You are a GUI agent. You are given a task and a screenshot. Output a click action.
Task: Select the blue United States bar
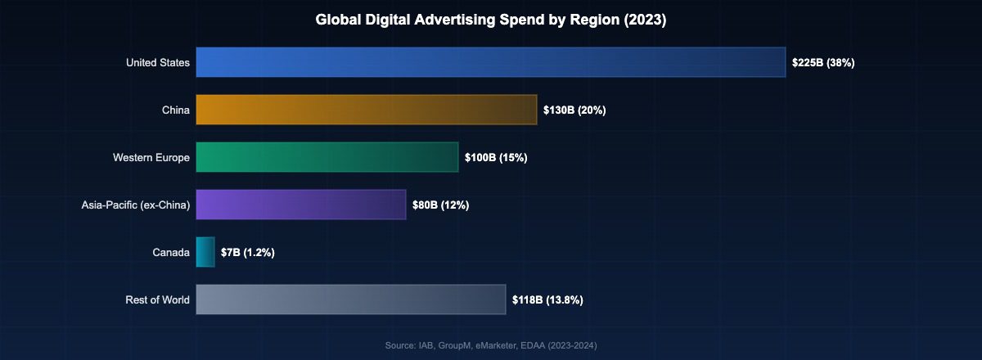[490, 62]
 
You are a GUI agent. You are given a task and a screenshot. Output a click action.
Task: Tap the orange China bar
[366, 110]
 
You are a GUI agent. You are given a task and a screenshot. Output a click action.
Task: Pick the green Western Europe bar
[327, 157]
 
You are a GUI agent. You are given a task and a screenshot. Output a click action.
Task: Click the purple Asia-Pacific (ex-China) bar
[300, 205]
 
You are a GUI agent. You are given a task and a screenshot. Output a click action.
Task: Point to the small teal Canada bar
[205, 252]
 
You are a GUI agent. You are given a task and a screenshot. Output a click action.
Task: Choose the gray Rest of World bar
[350, 299]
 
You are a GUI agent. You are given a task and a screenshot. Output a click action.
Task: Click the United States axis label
[158, 62]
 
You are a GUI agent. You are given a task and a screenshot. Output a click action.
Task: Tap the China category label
[176, 110]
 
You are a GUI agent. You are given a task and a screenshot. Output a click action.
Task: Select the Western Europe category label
[151, 157]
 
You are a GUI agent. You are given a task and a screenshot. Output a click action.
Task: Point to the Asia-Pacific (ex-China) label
[136, 205]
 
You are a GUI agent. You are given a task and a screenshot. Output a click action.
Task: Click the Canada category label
[171, 252]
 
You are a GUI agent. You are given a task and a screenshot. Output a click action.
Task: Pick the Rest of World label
[157, 299]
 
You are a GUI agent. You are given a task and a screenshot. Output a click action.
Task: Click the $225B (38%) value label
[823, 62]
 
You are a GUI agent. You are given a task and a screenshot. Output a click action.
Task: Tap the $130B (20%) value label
[574, 110]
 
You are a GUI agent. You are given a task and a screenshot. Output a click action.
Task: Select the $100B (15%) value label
[496, 157]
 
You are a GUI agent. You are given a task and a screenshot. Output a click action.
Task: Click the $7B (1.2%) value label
[248, 252]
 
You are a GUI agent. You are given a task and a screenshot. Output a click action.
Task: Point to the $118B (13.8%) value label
[547, 299]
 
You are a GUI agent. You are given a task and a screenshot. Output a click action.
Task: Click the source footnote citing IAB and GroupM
[491, 346]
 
